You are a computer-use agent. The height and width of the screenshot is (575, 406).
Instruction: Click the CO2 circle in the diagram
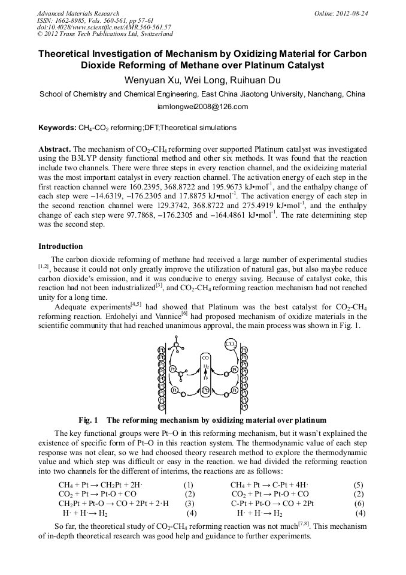(231, 344)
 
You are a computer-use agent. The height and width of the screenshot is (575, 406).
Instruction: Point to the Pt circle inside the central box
(205, 390)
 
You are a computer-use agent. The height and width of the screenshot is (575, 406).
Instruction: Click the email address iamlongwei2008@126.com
(202, 107)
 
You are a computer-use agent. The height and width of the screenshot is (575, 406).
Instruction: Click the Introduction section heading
(60, 246)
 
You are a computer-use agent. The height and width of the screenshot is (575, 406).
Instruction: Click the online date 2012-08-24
(355, 13)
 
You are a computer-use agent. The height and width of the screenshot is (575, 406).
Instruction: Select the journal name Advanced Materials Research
(78, 13)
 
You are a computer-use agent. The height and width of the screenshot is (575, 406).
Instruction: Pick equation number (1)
(189, 484)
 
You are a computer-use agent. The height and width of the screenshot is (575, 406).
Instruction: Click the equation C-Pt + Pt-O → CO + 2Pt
(272, 504)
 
